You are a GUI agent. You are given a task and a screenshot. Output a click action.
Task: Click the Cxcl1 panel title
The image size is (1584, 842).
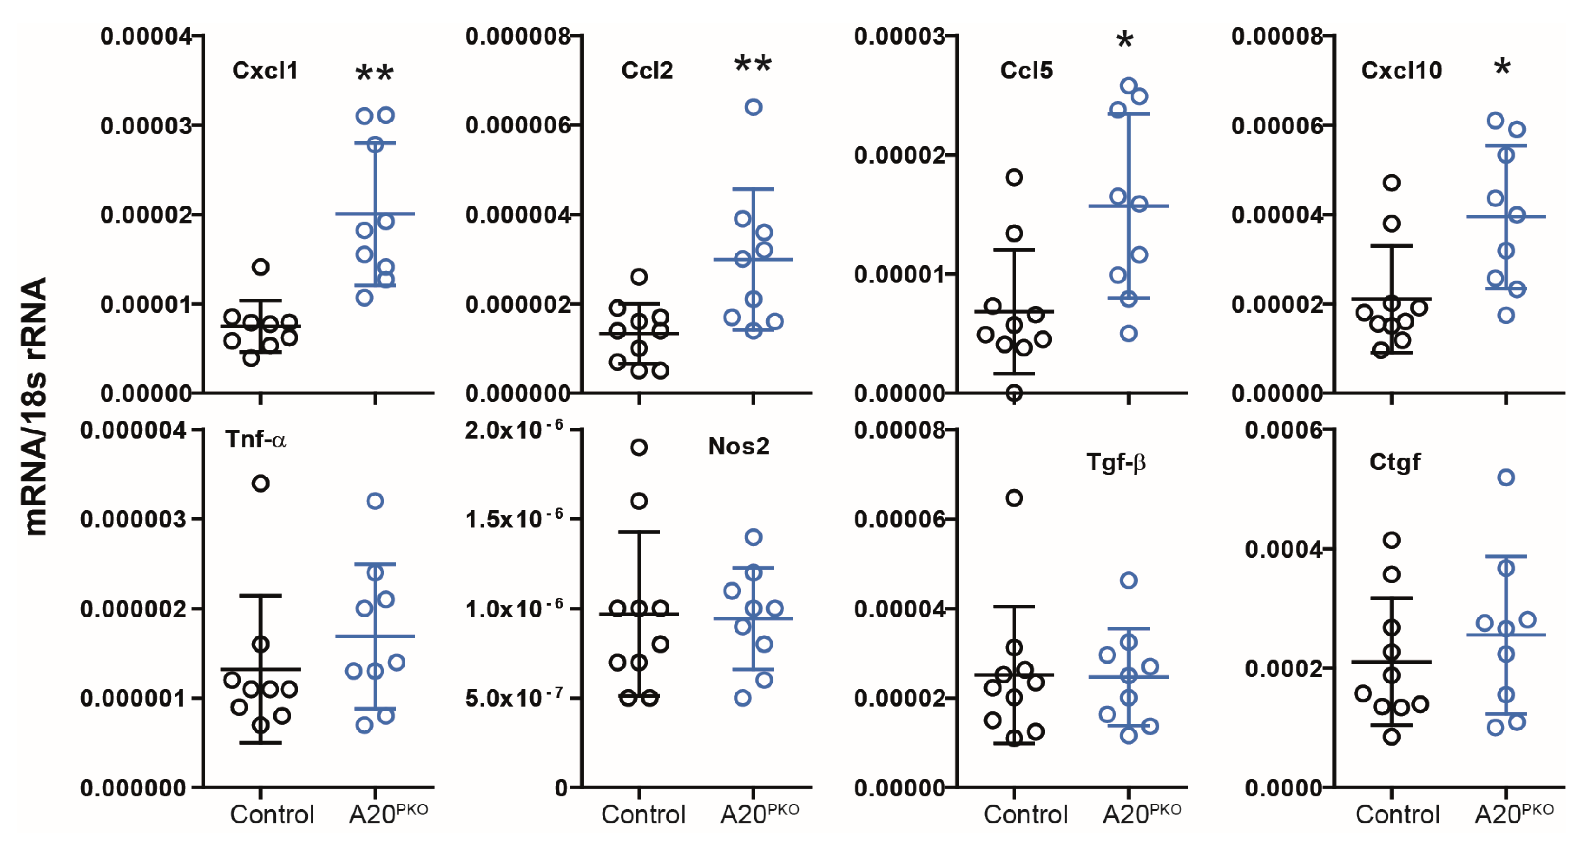(x=265, y=71)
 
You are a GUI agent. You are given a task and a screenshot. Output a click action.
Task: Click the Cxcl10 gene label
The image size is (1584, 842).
(x=1401, y=71)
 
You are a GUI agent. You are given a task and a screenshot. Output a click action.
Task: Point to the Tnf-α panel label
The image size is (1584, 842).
(x=255, y=440)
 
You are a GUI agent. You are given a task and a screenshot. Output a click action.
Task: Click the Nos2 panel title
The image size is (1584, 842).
(x=738, y=446)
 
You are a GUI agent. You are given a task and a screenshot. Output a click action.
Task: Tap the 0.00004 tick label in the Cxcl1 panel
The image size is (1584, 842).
(x=146, y=36)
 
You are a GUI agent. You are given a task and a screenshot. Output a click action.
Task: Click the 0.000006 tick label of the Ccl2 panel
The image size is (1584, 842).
(x=518, y=125)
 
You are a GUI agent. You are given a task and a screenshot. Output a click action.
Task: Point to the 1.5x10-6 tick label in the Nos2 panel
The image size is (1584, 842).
(x=513, y=519)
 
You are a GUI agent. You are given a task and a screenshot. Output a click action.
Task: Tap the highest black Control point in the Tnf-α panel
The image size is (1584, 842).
(x=261, y=484)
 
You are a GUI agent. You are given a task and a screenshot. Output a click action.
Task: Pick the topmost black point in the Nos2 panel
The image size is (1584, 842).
(x=639, y=448)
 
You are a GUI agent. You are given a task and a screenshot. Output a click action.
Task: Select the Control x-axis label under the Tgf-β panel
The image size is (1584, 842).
(x=1025, y=814)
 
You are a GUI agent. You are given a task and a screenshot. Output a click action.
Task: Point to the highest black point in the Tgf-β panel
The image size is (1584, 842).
(x=1014, y=498)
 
